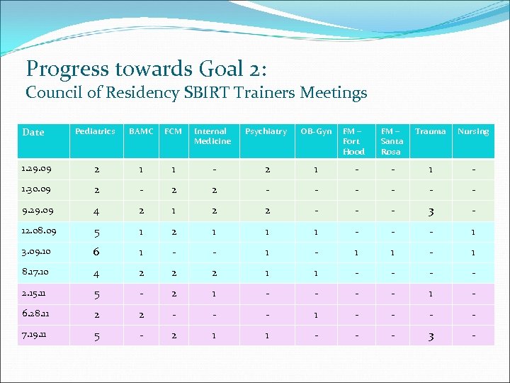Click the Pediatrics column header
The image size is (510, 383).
pyautogui.click(x=95, y=131)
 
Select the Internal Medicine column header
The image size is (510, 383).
pyautogui.click(x=212, y=136)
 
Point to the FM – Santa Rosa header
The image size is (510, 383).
pyautogui.click(x=391, y=141)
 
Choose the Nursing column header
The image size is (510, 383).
pyautogui.click(x=472, y=131)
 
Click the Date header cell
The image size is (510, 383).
pyautogui.click(x=33, y=132)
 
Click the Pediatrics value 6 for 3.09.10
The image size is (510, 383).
pyautogui.click(x=95, y=252)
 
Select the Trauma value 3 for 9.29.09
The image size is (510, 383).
pyautogui.click(x=430, y=211)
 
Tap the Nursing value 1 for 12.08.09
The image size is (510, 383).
pyautogui.click(x=472, y=232)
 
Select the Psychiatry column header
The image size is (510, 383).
pyautogui.click(x=266, y=131)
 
